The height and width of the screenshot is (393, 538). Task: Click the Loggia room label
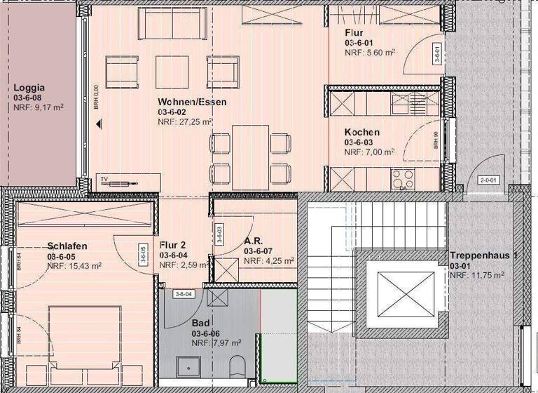tap(29, 88)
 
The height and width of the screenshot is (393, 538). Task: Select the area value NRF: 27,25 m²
tap(185, 121)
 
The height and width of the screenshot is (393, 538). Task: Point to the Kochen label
tap(361, 132)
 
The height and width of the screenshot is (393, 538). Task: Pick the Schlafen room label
tap(67, 246)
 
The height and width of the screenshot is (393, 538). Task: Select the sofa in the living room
tap(172, 24)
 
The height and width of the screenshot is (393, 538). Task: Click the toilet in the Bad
tap(237, 366)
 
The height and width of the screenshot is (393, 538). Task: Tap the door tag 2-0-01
tap(488, 180)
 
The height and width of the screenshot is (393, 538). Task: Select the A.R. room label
tap(253, 239)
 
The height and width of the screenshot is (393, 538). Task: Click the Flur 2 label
tap(172, 245)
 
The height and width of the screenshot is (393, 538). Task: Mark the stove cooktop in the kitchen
tap(403, 176)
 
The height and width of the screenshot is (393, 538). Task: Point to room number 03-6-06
tap(207, 333)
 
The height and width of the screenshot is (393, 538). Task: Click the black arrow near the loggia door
tap(99, 124)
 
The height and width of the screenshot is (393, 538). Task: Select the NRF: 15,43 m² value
tap(74, 266)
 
